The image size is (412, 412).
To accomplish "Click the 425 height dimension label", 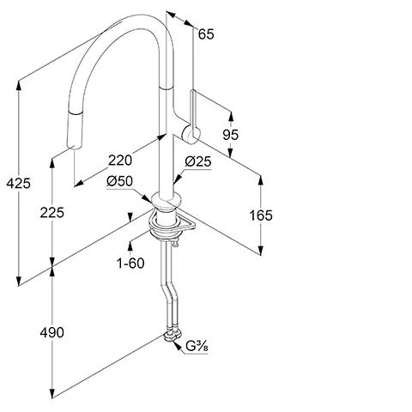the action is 18,183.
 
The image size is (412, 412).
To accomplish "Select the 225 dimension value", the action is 51,213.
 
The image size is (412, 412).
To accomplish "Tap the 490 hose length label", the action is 51,332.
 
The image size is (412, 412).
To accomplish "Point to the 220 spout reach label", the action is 120,161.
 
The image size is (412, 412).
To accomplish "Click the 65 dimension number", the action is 206,34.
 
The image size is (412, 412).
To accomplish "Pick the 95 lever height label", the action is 231,135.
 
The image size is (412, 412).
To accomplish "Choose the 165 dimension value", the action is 261,215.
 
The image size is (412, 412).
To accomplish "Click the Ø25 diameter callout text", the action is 198,161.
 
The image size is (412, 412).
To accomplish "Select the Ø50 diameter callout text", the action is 120,181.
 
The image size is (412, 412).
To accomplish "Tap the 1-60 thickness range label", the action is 130,263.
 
